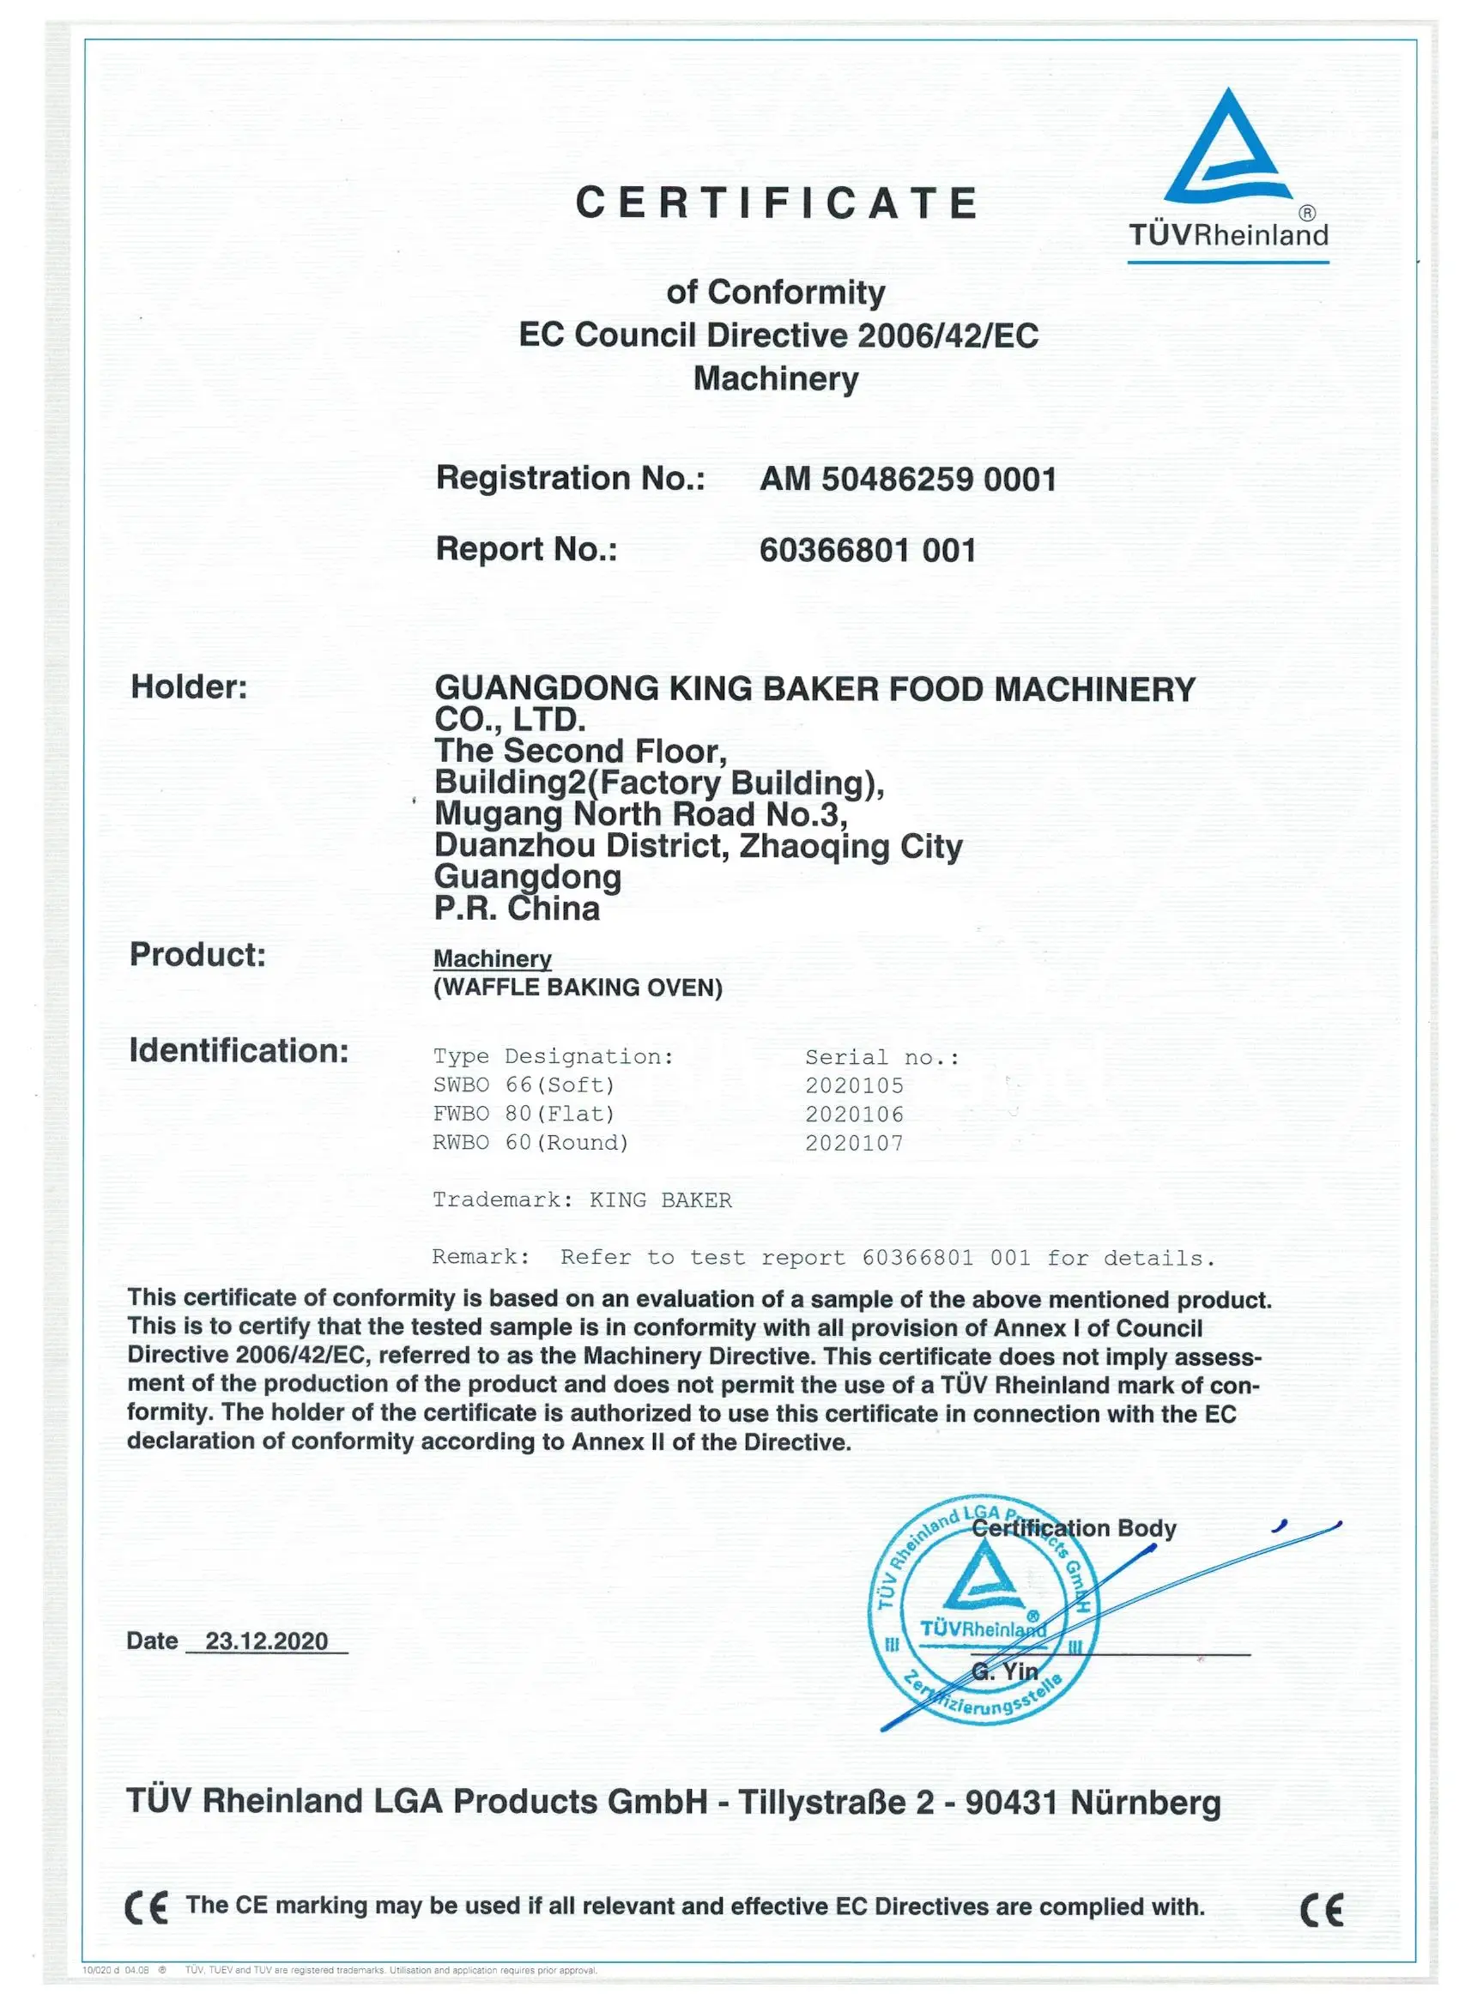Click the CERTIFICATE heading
(776, 202)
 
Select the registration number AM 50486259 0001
(908, 480)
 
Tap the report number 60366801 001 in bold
(867, 550)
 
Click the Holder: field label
(190, 687)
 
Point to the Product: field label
(197, 954)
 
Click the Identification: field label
(239, 1051)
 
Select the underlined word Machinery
(492, 958)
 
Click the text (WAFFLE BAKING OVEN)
(578, 988)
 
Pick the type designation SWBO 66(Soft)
(523, 1085)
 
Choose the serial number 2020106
(854, 1115)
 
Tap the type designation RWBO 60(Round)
(530, 1143)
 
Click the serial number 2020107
(854, 1144)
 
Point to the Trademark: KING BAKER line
(581, 1200)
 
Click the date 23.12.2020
(266, 1641)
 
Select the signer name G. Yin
(1004, 1671)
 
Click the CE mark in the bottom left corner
(146, 1908)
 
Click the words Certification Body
(1074, 1528)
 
